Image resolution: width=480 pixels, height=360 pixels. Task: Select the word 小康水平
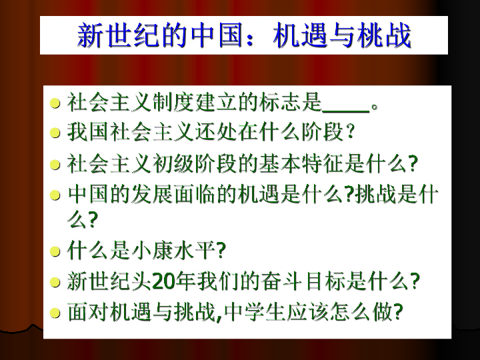point(174,251)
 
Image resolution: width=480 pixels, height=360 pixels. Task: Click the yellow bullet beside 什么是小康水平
point(55,251)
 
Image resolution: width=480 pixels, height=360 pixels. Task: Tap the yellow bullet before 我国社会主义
point(55,133)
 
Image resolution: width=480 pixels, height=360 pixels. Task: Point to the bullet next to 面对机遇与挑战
point(55,313)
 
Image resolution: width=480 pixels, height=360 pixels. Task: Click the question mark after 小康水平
point(221,251)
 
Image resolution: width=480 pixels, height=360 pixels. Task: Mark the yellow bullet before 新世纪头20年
point(55,282)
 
